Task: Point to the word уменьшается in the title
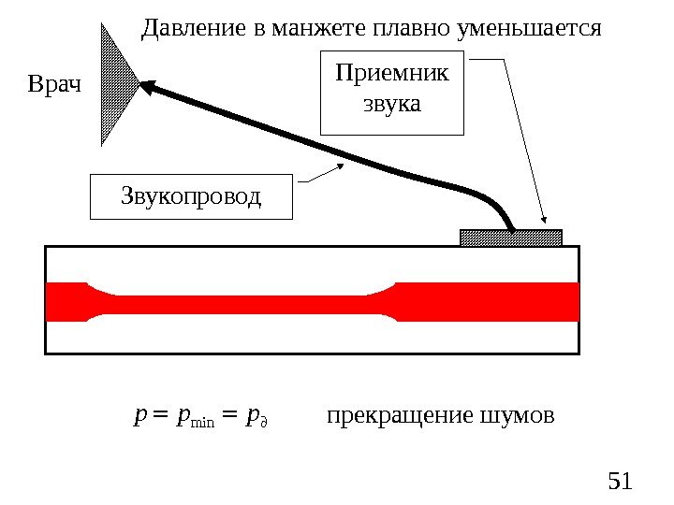[527, 29]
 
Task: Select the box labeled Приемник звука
[391, 94]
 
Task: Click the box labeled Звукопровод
[191, 196]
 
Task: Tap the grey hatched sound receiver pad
[511, 238]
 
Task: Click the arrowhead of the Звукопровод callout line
[338, 166]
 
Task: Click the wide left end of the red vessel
[66, 301]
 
